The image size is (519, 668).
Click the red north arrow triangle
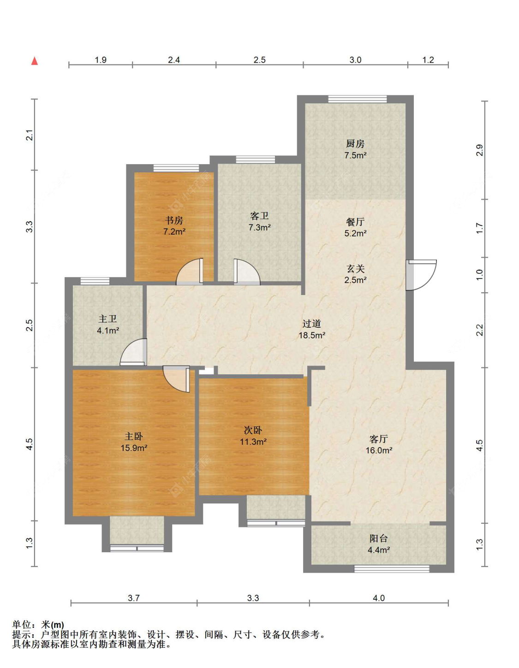[x=35, y=61]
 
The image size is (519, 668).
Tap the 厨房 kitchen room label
[x=355, y=143]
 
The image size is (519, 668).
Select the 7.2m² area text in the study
[x=174, y=231]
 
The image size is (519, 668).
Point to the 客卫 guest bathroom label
[x=259, y=216]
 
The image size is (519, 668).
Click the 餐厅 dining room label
[x=355, y=222]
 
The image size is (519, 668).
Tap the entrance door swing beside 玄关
[x=421, y=275]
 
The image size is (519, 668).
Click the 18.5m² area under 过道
[x=312, y=335]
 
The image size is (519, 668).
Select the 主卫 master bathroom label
[x=107, y=319]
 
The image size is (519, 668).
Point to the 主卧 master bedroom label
[x=134, y=436]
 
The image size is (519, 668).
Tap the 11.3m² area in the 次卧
[x=253, y=442]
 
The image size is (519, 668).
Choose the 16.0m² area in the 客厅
[x=379, y=450]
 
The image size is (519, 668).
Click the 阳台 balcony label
[x=379, y=538]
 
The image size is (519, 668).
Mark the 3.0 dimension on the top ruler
[x=355, y=59]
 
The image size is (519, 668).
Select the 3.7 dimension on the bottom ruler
[x=134, y=598]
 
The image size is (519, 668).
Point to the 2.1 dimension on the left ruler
[x=29, y=135]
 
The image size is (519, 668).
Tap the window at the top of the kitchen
[x=358, y=99]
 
